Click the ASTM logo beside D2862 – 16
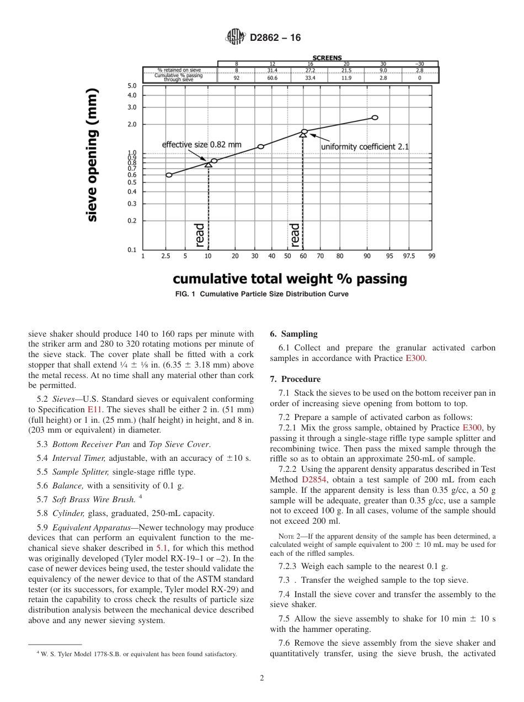235,38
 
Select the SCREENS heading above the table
327,58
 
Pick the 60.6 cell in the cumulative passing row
272,78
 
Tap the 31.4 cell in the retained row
272,71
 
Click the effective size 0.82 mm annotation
201,145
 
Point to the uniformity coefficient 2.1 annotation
365,147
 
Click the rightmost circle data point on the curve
375,118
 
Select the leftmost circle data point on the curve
169,175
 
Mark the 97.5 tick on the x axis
409,256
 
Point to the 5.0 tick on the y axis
132,86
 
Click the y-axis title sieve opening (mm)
92,155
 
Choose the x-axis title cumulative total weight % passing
290,279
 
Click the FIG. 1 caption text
261,294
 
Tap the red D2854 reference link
313,480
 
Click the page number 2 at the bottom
261,678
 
